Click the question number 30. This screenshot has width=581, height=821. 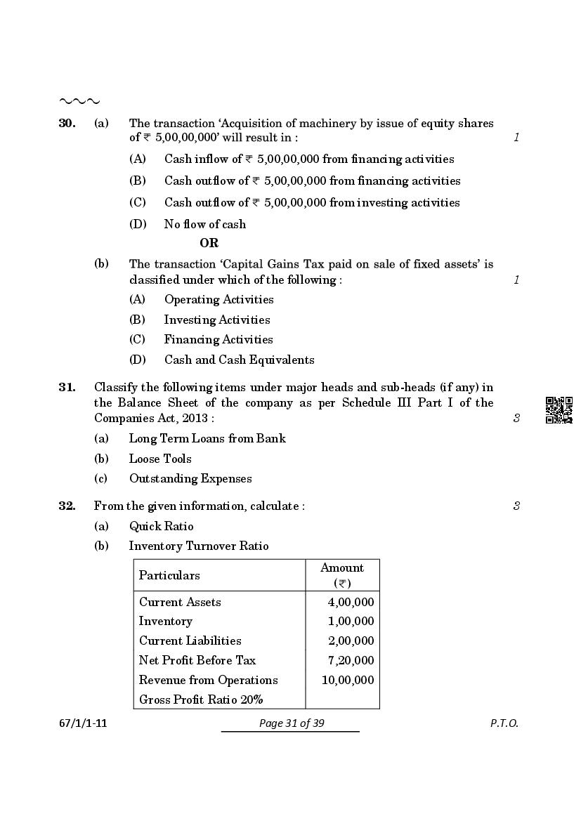(x=67, y=123)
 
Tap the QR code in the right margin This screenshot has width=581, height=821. (x=559, y=410)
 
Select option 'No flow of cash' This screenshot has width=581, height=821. (x=204, y=224)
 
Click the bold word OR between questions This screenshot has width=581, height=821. (x=209, y=243)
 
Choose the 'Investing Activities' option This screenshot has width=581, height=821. (x=216, y=320)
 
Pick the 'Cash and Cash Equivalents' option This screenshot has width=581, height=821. (x=239, y=360)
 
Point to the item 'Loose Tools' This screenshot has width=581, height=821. (x=159, y=459)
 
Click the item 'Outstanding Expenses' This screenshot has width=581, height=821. (x=190, y=478)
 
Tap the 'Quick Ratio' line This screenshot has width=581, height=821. (x=161, y=526)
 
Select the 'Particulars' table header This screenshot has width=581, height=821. (x=169, y=575)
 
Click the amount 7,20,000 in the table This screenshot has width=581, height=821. (x=351, y=660)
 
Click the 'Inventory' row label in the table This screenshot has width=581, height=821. (x=165, y=621)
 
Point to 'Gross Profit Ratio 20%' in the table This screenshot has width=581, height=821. (x=201, y=700)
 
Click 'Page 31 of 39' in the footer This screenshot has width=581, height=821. (x=290, y=723)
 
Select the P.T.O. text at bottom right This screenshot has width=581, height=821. (x=504, y=723)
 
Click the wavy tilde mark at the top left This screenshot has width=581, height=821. (x=79, y=102)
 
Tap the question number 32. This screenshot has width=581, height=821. (x=67, y=506)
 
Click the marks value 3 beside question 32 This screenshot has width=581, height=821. (x=516, y=506)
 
